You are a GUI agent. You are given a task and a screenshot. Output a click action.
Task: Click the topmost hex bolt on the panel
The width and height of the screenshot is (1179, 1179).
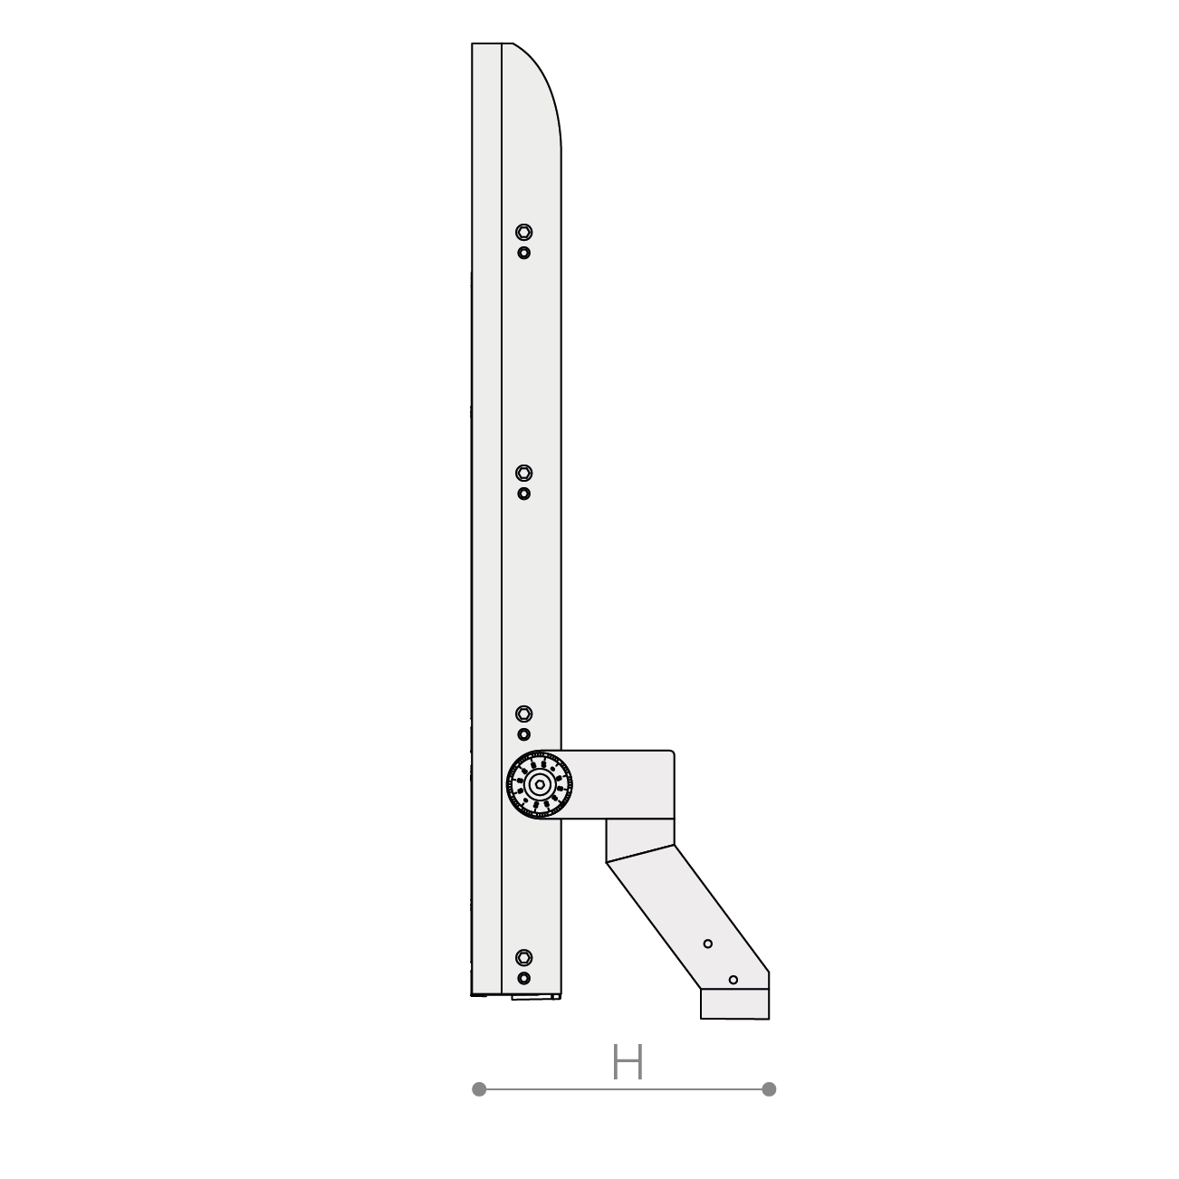click(523, 232)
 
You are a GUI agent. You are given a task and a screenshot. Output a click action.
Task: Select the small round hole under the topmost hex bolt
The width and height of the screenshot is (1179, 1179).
click(523, 253)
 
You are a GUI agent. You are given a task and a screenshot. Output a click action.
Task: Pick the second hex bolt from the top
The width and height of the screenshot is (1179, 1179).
click(523, 473)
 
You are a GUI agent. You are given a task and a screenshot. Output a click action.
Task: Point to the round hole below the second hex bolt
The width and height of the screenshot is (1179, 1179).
click(523, 494)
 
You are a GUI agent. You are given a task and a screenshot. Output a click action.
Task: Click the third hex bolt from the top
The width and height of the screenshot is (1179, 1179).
click(523, 714)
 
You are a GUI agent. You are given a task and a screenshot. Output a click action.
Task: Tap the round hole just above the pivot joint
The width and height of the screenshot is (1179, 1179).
click(523, 734)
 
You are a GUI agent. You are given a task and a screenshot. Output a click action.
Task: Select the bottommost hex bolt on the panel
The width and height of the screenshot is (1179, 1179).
click(523, 957)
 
